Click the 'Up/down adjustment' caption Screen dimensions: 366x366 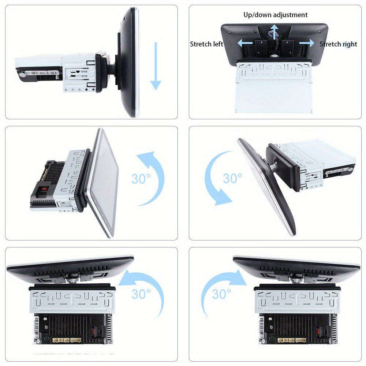[x=276, y=15]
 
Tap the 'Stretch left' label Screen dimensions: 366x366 [x=206, y=44]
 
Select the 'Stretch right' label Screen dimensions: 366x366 [x=338, y=44]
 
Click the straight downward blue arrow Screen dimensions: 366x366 [x=156, y=66]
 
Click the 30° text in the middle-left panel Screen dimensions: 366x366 [x=141, y=179]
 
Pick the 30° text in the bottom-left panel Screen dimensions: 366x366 [x=141, y=294]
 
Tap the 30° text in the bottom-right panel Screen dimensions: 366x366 [x=221, y=294]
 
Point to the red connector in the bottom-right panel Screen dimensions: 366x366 [x=318, y=332]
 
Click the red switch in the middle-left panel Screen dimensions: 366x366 [x=44, y=188]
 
